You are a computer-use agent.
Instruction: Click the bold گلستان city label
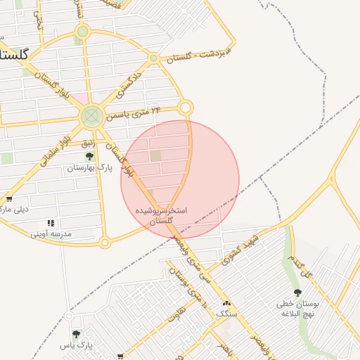[x=14, y=54]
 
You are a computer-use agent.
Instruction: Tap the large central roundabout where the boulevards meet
[x=91, y=116]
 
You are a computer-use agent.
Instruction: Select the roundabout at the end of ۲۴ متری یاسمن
[x=186, y=108]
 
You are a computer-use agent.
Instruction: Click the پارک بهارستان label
[x=90, y=168]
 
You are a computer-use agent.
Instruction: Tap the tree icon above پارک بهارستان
[x=89, y=156]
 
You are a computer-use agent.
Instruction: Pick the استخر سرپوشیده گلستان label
[x=162, y=216]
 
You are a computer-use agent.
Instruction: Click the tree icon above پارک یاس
[x=76, y=334]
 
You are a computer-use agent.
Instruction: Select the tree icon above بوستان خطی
[x=297, y=292]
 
